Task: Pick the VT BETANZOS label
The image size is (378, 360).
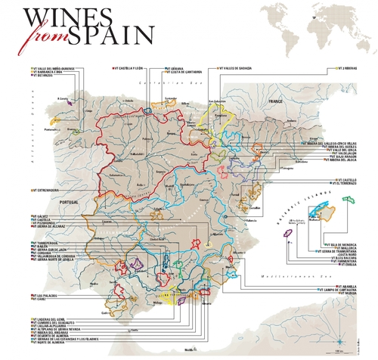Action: [42, 76]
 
